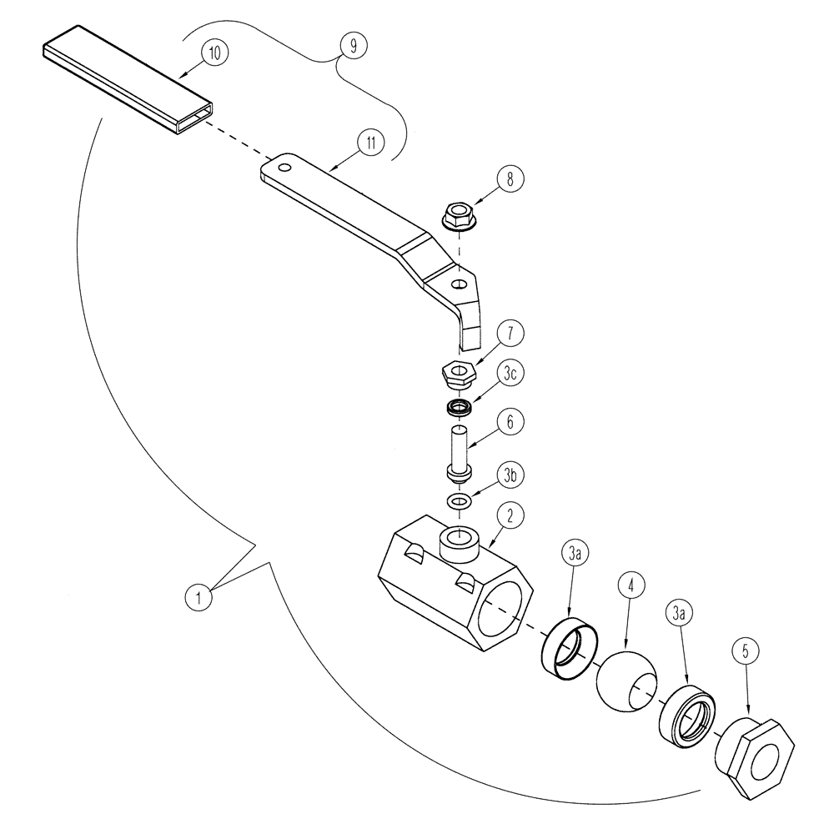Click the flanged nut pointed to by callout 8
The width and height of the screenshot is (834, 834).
458,220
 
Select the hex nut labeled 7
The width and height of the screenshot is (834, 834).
456,371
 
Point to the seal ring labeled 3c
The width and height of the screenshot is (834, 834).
458,409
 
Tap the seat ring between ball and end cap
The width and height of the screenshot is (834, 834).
686,712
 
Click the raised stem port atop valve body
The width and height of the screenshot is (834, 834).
459,545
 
